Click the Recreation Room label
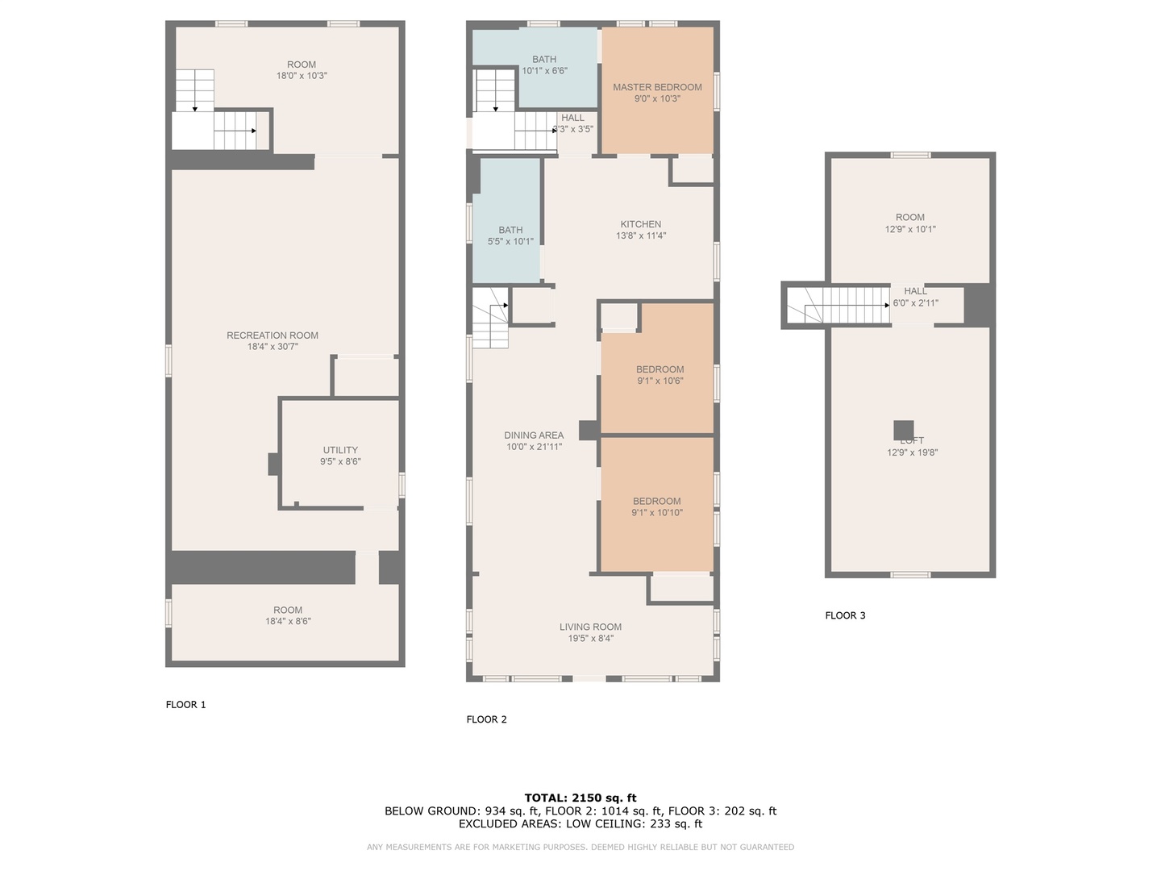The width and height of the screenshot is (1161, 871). tap(273, 335)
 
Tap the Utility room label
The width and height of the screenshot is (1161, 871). tap(340, 450)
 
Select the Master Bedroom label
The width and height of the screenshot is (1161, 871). tap(657, 87)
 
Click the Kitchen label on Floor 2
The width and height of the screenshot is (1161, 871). tap(640, 224)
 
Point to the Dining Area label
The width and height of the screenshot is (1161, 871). tap(534, 435)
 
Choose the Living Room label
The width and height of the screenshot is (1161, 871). tap(590, 627)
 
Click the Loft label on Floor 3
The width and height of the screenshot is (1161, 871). tap(912, 441)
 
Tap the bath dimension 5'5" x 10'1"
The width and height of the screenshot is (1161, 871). tap(510, 241)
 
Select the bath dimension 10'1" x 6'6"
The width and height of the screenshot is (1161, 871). tap(544, 71)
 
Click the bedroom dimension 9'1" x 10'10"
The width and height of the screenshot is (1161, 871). tap(657, 512)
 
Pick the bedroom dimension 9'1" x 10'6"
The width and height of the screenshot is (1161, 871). tap(660, 381)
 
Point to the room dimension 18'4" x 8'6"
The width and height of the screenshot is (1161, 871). tap(288, 621)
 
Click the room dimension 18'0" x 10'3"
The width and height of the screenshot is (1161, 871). tap(302, 76)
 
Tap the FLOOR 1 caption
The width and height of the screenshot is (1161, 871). tap(185, 704)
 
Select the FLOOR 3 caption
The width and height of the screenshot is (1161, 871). tap(845, 615)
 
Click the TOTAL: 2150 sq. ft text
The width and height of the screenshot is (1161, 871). tap(580, 798)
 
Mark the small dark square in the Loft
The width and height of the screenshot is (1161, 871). tap(904, 430)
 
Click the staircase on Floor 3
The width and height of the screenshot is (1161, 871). tap(847, 305)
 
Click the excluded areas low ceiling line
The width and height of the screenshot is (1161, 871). tap(580, 823)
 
